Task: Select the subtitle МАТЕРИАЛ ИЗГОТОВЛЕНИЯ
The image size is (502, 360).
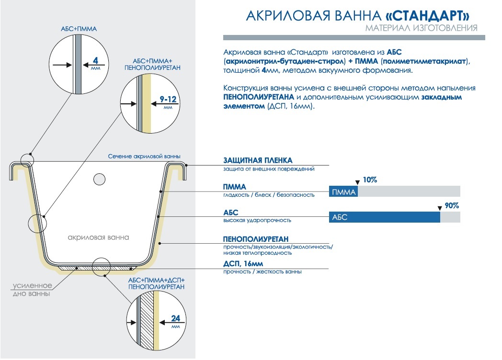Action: click(422, 28)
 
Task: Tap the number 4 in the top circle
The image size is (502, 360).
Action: click(95, 60)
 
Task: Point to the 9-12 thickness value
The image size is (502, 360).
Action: click(168, 99)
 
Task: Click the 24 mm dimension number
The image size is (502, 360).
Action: click(175, 318)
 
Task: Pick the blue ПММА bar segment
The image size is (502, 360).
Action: click(343, 191)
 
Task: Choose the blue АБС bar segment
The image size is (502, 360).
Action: click(385, 217)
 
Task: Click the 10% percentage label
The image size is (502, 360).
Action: click(370, 180)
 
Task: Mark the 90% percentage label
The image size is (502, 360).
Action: click(452, 206)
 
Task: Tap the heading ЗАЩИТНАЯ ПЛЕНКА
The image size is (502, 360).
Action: click(258, 160)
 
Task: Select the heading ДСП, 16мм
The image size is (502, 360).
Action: click(243, 264)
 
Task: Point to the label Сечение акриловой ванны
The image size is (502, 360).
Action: click(144, 157)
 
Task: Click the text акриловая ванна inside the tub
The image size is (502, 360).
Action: click(98, 237)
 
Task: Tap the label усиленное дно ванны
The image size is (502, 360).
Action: click(32, 290)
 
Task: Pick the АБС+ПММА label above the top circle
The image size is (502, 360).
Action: click(79, 29)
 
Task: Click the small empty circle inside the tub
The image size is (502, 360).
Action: click(99, 179)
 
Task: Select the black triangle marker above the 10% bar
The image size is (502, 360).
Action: click(358, 182)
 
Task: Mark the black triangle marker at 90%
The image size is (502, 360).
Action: click(440, 208)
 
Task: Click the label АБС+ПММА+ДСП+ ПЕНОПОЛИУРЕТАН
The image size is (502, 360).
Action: click(156, 283)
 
